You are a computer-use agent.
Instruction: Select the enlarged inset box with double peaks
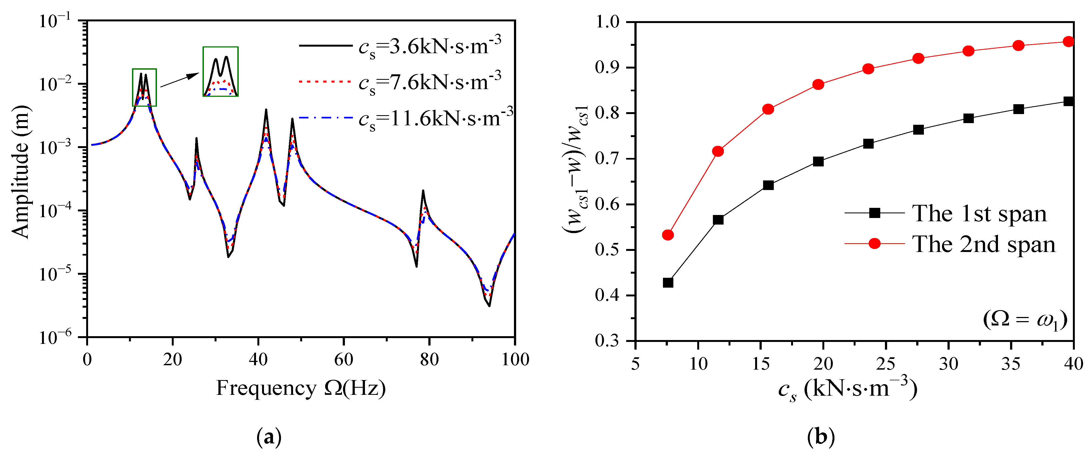click(x=220, y=72)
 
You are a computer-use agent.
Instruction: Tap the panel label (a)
click(x=269, y=437)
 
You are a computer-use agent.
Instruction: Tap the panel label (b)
click(x=821, y=437)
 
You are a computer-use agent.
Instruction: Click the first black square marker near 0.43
click(x=668, y=282)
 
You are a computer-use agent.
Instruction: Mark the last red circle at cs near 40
click(x=1068, y=41)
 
